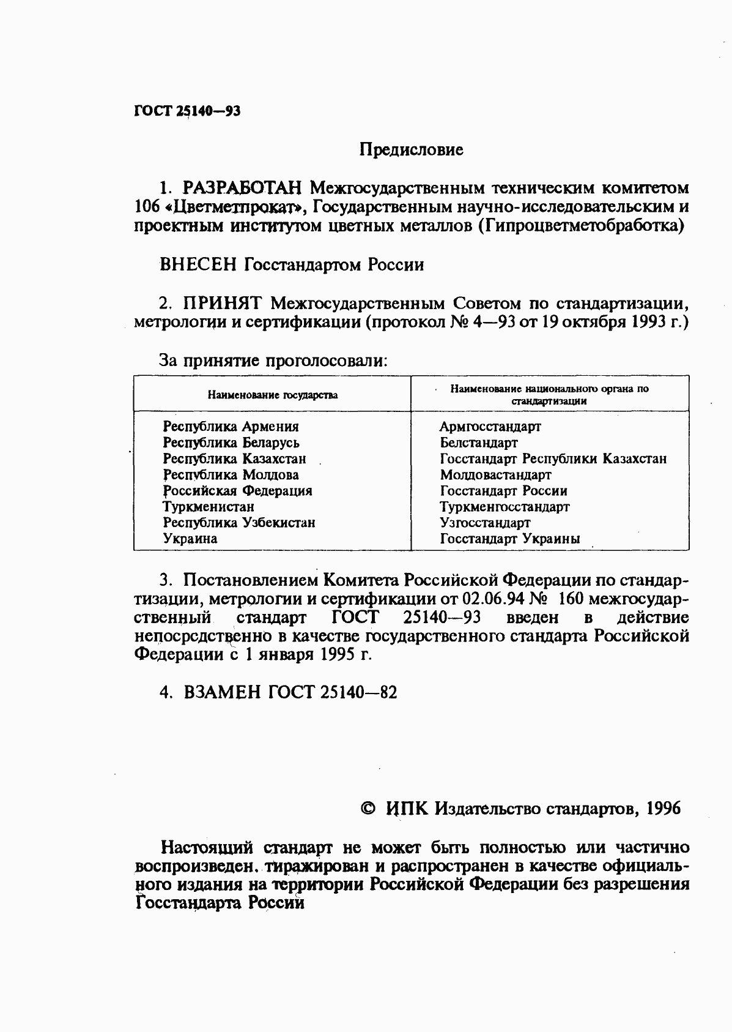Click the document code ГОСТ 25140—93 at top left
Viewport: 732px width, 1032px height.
pos(187,111)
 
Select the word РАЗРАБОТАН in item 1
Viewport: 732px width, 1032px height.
pos(240,187)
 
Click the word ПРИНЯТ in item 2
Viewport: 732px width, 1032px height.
pos(223,303)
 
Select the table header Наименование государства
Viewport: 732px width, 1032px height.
pos(272,395)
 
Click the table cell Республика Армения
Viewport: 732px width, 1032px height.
pos(231,427)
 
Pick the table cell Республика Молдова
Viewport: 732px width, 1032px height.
pos(231,475)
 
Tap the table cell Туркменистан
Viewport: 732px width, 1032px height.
pos(208,507)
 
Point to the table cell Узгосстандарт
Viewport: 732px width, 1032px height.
pos(485,523)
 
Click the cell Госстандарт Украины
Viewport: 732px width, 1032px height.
pos(509,539)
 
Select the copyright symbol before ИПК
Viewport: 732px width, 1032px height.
pos(369,809)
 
